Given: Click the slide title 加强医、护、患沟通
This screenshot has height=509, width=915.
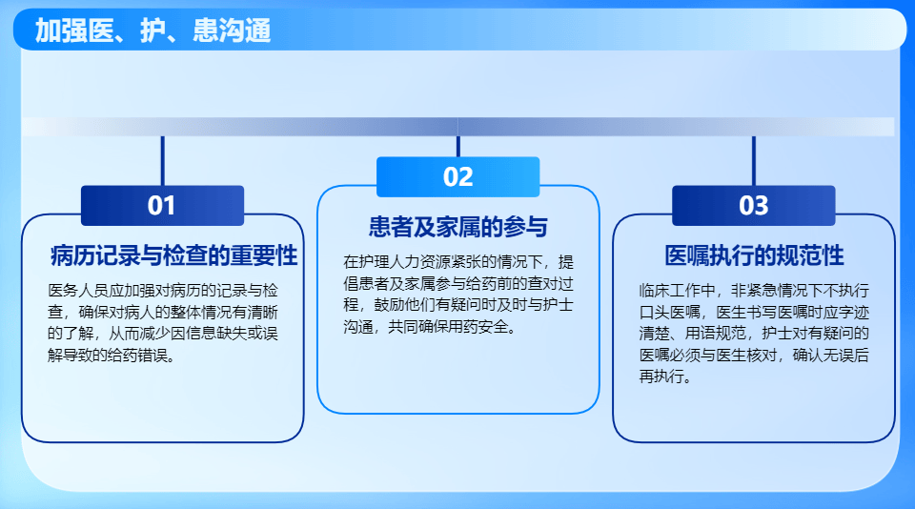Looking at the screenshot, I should pyautogui.click(x=152, y=31).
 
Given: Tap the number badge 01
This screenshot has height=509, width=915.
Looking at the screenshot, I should pyautogui.click(x=162, y=206).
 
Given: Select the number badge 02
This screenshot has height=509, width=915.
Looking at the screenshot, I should pyautogui.click(x=458, y=177).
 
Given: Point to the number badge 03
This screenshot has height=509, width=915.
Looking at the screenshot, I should pyautogui.click(x=754, y=206).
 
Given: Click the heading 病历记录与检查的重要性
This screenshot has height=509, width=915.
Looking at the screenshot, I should pyautogui.click(x=174, y=255).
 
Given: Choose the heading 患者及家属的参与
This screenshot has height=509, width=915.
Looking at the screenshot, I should pyautogui.click(x=458, y=227).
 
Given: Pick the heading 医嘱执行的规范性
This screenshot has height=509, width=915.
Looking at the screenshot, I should pyautogui.click(x=754, y=255).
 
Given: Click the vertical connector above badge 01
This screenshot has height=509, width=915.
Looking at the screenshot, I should pyautogui.click(x=162, y=160).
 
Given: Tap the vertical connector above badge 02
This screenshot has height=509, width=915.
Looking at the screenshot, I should pyautogui.click(x=458, y=146).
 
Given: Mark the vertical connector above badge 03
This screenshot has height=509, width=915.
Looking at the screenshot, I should pyautogui.click(x=754, y=160).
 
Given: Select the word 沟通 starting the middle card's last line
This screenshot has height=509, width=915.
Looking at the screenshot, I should pyautogui.click(x=358, y=327).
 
